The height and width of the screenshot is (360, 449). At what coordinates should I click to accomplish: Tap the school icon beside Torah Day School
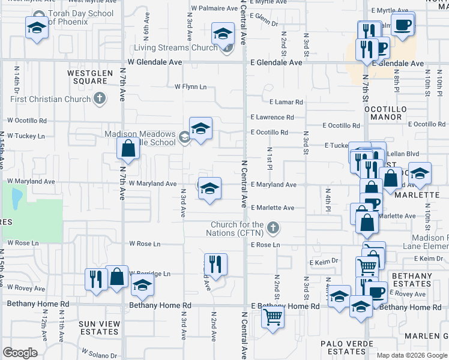[x=37, y=28]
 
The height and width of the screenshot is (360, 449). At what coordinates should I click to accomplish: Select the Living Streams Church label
[x=175, y=48]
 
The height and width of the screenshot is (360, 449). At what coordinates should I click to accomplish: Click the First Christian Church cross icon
[x=100, y=98]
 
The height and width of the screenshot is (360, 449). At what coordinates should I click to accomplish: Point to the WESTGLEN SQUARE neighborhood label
[x=91, y=77]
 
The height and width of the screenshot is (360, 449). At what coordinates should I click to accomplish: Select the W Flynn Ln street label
[x=190, y=87]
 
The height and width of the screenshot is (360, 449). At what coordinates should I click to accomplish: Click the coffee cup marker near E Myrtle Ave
[x=402, y=26]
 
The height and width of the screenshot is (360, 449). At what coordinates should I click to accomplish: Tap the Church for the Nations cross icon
[x=273, y=227]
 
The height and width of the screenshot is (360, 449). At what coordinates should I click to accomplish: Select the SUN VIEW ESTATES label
[x=99, y=328]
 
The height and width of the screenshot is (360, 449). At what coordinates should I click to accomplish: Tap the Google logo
[x=20, y=353]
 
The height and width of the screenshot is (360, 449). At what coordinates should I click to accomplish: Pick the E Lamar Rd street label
[x=286, y=103]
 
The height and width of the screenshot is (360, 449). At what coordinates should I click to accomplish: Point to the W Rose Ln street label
[x=145, y=244]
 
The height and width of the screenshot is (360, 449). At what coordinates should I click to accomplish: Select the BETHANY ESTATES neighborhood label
[x=412, y=280]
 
